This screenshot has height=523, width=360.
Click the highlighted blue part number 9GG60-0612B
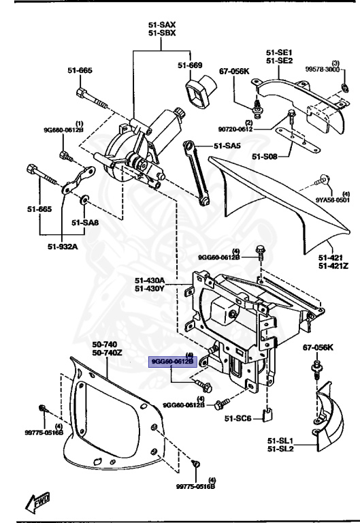(x=173, y=362)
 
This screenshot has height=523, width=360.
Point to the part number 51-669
(x=191, y=65)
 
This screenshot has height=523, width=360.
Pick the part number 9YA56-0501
(x=332, y=201)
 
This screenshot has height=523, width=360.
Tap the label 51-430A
(x=149, y=279)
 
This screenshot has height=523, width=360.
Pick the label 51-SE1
(x=278, y=52)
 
